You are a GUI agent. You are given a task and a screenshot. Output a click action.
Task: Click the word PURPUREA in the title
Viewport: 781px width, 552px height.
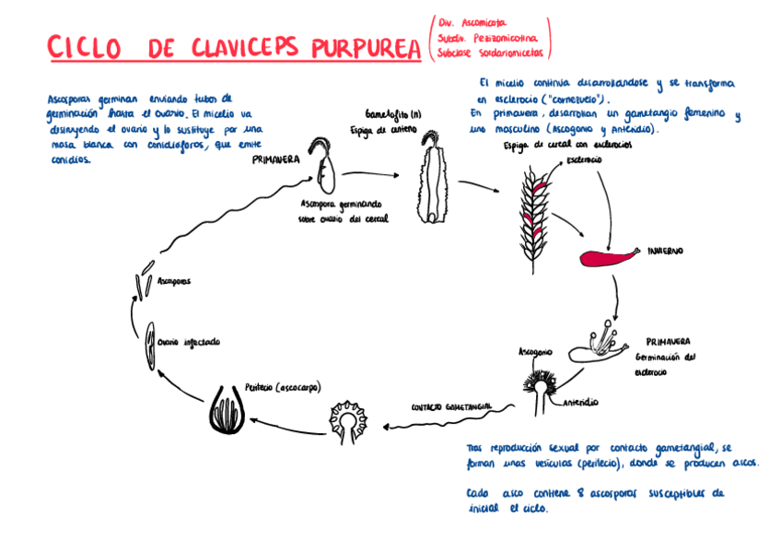[351, 47]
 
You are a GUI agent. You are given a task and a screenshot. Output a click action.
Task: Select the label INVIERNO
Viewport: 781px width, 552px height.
[664, 251]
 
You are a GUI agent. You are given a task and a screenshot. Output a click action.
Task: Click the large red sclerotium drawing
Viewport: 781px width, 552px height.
[609, 254]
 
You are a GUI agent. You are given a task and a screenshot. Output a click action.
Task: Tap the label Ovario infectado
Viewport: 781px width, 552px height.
[188, 342]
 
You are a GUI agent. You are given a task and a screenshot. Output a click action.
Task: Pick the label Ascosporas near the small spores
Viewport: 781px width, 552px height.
[173, 280]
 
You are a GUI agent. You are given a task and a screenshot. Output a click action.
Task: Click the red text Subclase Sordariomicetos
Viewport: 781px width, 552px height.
[491, 53]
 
